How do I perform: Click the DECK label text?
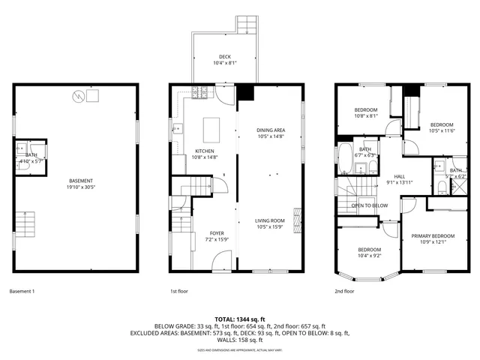click(x=225, y=56)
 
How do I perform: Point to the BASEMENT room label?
click(x=80, y=181)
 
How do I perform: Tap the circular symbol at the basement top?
click(x=77, y=96)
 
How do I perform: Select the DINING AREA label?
click(x=271, y=130)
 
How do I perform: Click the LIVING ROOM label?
click(x=271, y=220)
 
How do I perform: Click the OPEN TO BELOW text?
click(x=370, y=205)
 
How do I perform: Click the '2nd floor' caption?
click(x=344, y=291)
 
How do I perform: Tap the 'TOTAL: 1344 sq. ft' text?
click(x=240, y=319)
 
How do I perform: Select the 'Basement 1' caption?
click(x=22, y=291)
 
